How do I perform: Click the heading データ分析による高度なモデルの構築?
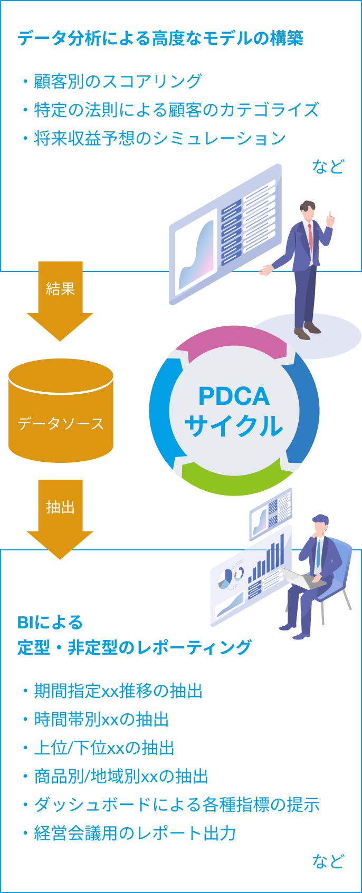pos(160,38)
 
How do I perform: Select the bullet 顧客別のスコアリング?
pos(117,81)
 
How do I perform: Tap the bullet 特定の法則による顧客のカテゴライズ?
pos(176,110)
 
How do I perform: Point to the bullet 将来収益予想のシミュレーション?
pos(159,138)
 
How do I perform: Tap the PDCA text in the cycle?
pos(234,396)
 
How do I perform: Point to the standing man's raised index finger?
pos(330,215)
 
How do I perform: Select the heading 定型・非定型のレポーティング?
pos(134,647)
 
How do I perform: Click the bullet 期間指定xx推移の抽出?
pos(118,691)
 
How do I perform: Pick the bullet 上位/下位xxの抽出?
pos(104,748)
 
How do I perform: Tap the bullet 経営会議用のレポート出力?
pos(135,833)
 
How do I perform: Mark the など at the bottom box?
pos(328,861)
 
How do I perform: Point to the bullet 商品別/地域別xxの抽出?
pos(121,776)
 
